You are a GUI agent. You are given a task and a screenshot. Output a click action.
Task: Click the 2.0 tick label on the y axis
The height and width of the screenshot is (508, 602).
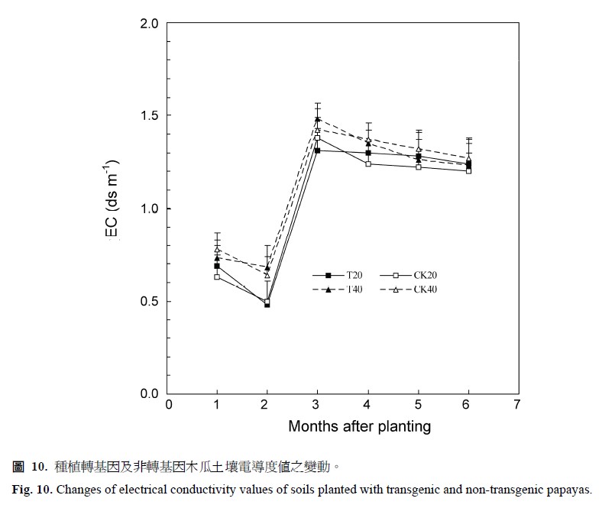click(149, 24)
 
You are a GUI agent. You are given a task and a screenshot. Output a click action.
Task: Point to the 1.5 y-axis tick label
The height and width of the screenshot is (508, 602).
click(149, 116)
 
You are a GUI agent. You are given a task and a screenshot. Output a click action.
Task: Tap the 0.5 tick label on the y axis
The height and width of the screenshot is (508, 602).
click(149, 301)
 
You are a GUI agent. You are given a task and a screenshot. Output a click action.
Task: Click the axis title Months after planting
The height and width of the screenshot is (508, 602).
click(359, 426)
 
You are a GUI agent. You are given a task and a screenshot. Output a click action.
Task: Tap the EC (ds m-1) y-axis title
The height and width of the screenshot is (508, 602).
click(112, 201)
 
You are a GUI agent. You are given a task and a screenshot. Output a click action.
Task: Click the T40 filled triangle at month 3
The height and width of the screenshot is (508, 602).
click(317, 119)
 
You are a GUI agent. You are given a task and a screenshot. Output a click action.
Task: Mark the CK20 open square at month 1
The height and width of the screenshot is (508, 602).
click(217, 277)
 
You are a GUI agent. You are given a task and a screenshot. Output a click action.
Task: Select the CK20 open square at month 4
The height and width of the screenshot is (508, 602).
click(368, 163)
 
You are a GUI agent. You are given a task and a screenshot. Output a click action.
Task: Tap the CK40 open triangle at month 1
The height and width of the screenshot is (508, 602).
click(217, 250)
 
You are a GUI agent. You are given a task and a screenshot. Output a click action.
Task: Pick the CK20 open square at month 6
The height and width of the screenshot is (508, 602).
click(468, 170)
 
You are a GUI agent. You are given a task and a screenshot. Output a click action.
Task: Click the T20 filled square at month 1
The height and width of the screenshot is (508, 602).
click(217, 266)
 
